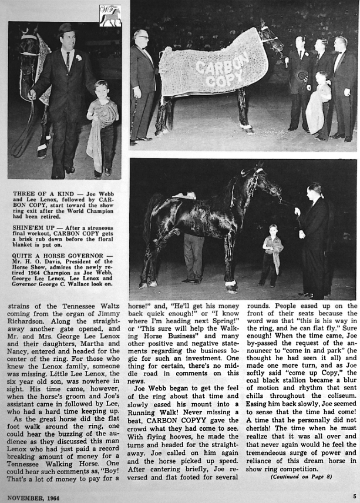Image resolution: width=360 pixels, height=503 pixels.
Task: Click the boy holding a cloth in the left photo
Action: (x=102, y=126)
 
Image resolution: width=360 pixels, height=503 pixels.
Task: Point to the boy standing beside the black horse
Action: (x=272, y=254)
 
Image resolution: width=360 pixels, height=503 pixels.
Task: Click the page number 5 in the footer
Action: (x=355, y=497)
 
